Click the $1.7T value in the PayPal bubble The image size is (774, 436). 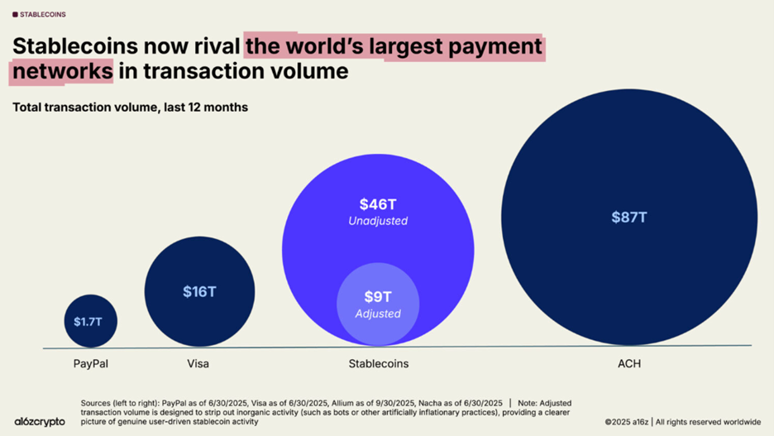pos(90,321)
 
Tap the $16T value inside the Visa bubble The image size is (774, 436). pos(199,292)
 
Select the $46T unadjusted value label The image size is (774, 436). pos(377,204)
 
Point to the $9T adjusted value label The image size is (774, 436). pos(377,296)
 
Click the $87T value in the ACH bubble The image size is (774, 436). pos(629,218)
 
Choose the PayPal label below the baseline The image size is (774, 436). pos(90,364)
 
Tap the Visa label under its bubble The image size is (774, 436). pos(198,364)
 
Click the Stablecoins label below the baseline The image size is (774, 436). pos(379,364)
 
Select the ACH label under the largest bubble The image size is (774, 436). pos(628,364)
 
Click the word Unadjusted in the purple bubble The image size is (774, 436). pos(377,222)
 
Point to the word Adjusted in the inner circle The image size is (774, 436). pos(377,314)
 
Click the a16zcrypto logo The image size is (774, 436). pos(40,422)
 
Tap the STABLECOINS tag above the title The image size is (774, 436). pos(42,15)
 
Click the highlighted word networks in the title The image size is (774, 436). pos(63,72)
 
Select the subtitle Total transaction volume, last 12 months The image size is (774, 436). pos(130,108)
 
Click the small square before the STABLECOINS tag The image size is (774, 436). pos(15,15)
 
